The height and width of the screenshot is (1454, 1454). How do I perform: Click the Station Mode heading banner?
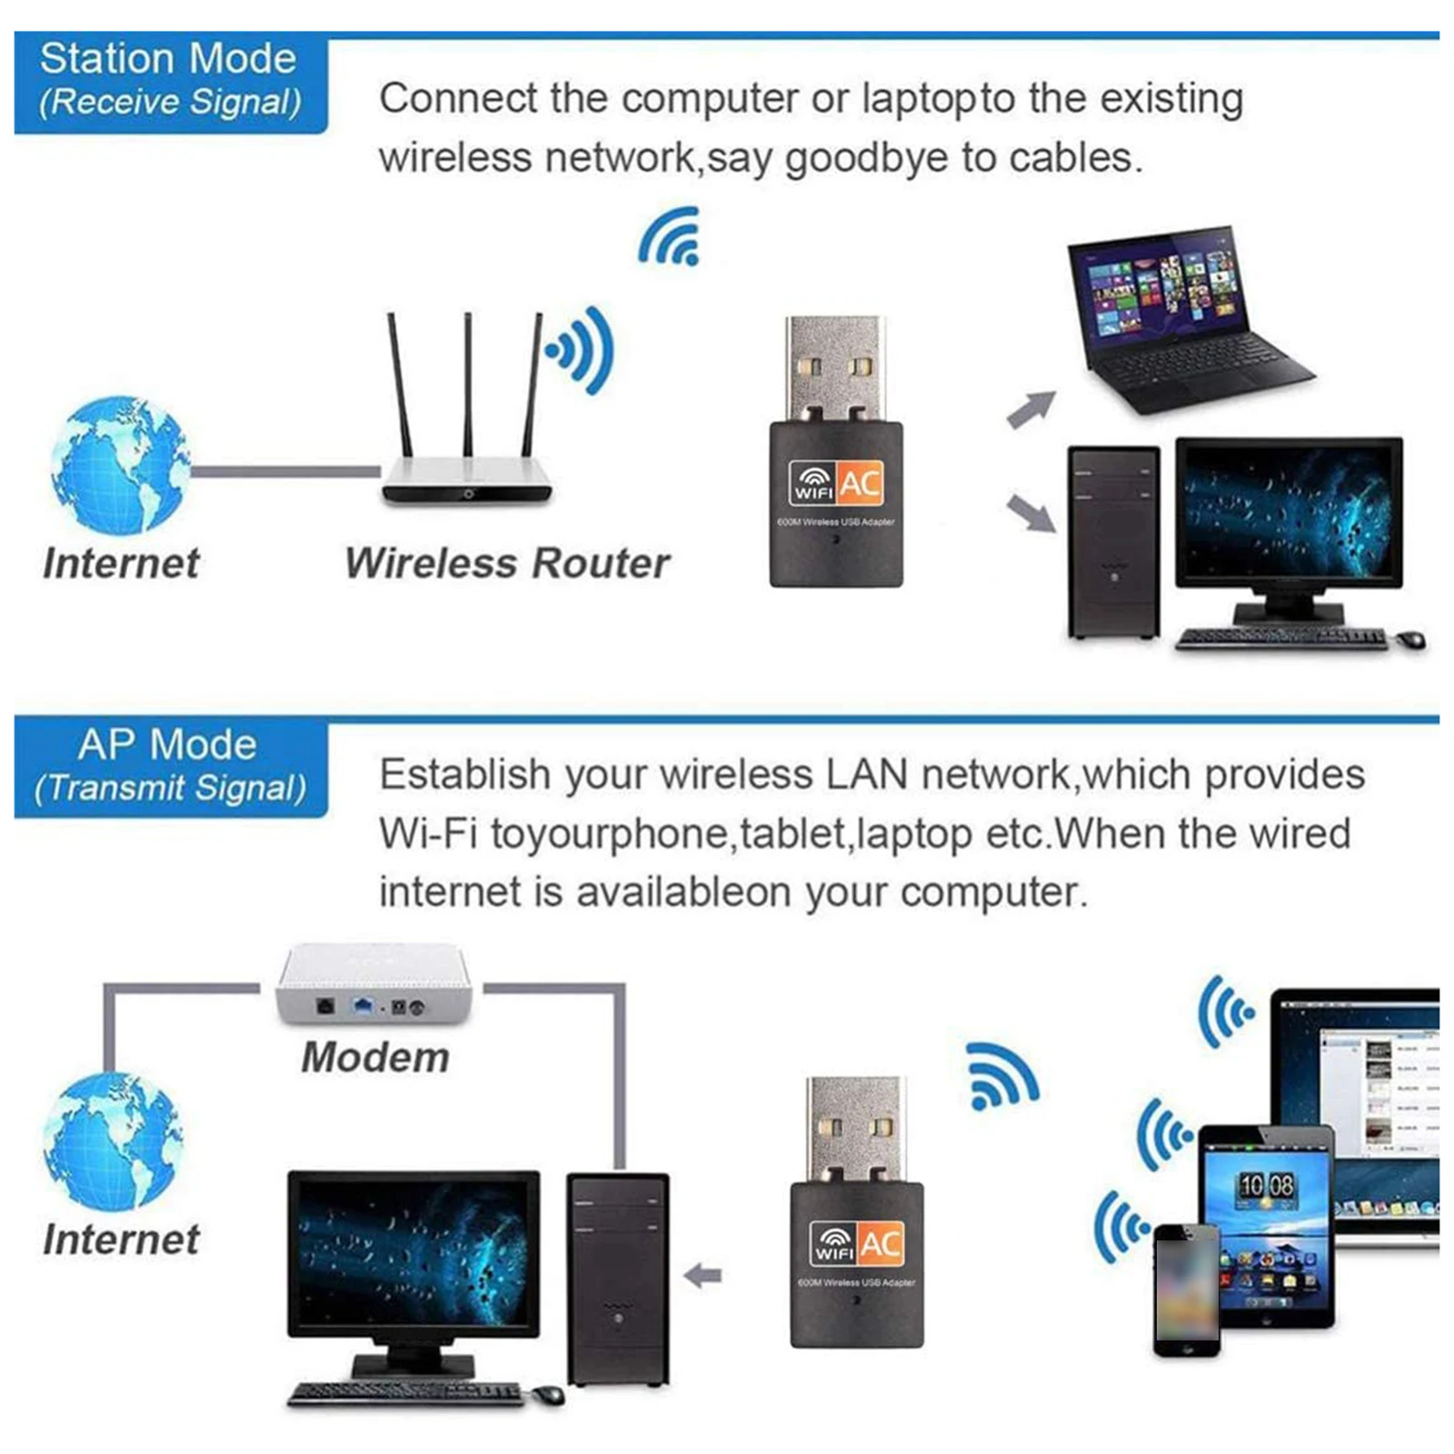(170, 82)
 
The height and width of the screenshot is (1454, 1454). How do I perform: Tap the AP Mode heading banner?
(170, 766)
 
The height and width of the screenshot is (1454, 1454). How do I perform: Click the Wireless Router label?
(507, 563)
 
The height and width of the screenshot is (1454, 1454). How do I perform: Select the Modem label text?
(375, 1058)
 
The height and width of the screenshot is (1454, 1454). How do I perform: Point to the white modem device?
(374, 986)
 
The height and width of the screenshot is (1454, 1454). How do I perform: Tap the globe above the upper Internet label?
(120, 464)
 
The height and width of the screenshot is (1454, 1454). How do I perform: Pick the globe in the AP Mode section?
(113, 1140)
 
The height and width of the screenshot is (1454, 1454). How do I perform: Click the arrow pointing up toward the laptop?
(1031, 408)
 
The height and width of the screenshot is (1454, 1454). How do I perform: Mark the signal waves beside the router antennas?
(582, 350)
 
